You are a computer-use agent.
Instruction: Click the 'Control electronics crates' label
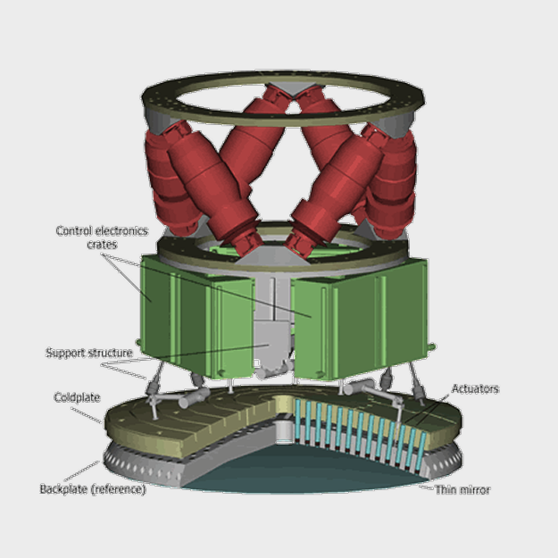(x=102, y=237)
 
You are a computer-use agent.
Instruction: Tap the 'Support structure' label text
(x=89, y=353)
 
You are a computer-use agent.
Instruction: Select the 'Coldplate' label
(x=77, y=397)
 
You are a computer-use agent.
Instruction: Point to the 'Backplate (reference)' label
(x=93, y=489)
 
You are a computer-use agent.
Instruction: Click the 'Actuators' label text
(x=475, y=388)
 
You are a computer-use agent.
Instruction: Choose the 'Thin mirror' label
(x=462, y=490)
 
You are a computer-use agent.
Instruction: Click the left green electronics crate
(x=196, y=317)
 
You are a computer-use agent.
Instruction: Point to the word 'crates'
(x=102, y=245)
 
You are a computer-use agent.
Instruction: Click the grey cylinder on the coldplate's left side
(x=194, y=397)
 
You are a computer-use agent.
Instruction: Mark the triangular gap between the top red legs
(x=293, y=108)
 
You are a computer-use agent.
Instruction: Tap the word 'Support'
(x=65, y=353)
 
